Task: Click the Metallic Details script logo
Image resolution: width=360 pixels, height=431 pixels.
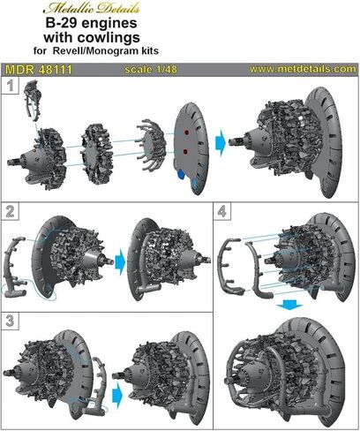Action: (91, 8)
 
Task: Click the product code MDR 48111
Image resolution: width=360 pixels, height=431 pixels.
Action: (39, 70)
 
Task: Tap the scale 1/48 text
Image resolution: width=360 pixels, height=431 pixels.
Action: (151, 70)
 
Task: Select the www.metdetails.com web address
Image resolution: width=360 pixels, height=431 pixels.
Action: (303, 69)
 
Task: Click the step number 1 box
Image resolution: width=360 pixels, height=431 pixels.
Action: (11, 86)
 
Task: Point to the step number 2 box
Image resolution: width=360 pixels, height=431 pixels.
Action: (11, 211)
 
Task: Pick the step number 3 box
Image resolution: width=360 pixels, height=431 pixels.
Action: (11, 321)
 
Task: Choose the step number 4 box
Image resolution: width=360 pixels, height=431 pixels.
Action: (222, 211)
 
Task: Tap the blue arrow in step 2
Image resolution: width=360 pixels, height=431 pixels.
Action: (120, 261)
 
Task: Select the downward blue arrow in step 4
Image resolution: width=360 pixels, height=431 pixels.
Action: (289, 305)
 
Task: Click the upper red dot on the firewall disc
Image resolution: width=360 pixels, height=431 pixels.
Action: (186, 132)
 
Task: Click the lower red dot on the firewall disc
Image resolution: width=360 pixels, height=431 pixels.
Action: (186, 152)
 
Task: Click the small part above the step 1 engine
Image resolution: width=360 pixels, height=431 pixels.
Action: (34, 101)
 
